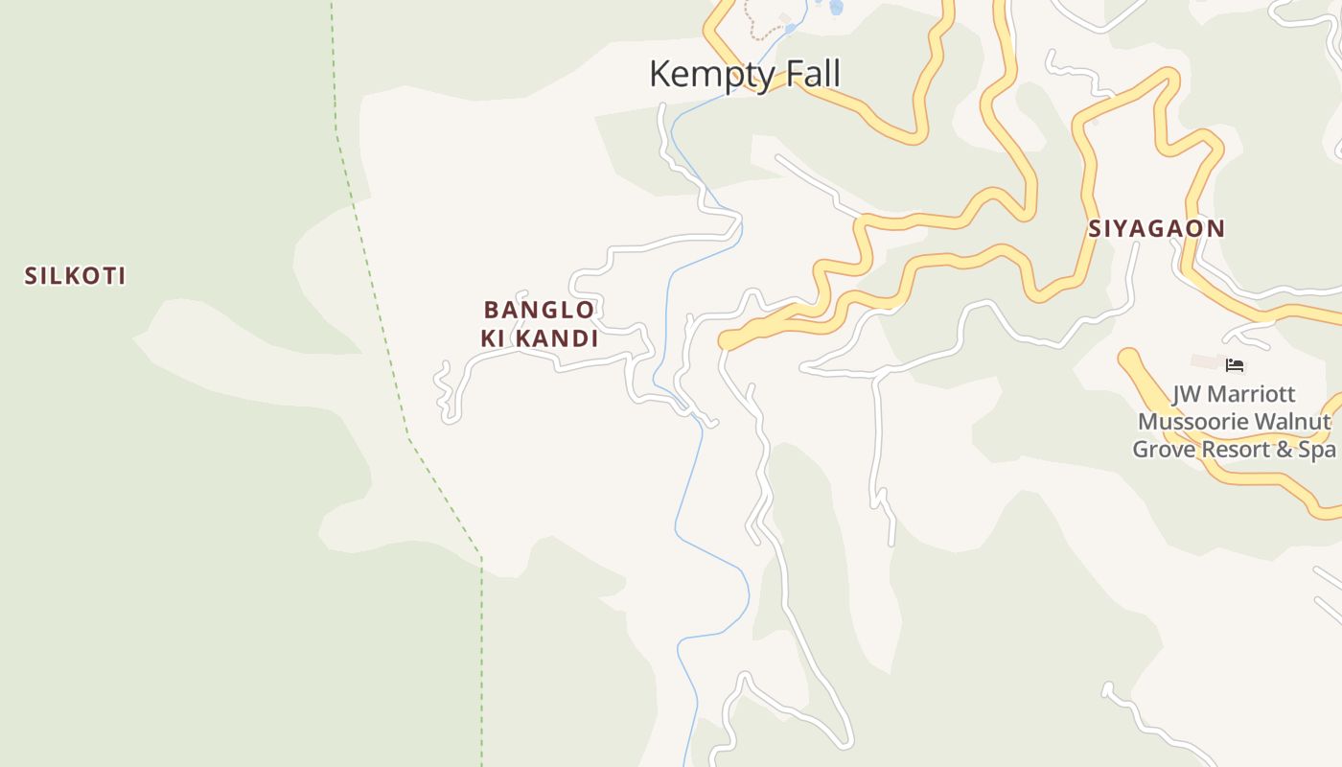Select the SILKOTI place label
pyautogui.click(x=75, y=276)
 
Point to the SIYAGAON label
pyautogui.click(x=1156, y=228)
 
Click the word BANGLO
pyautogui.click(x=539, y=310)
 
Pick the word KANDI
pyautogui.click(x=556, y=338)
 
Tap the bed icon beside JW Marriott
pyautogui.click(x=1235, y=364)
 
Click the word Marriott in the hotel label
pyautogui.click(x=1252, y=394)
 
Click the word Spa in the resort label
pyautogui.click(x=1317, y=449)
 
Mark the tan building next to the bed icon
pyautogui.click(x=1205, y=361)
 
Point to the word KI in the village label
pyautogui.click(x=493, y=338)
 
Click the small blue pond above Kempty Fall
pyautogui.click(x=836, y=8)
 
